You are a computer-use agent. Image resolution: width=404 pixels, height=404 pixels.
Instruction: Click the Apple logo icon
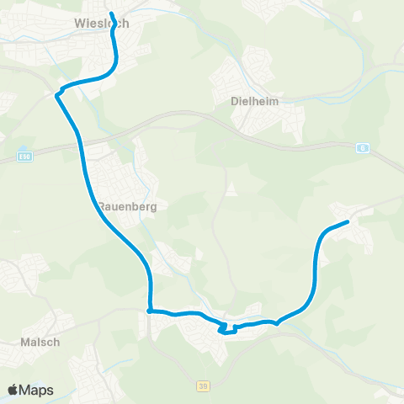pyautogui.click(x=13, y=390)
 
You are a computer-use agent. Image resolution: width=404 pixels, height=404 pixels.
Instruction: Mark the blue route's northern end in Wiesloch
pyautogui.click(x=111, y=13)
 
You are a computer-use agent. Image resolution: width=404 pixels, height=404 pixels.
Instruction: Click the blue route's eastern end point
pyautogui.click(x=348, y=221)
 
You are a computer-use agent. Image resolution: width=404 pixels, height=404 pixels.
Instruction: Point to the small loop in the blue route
pyautogui.click(x=225, y=329)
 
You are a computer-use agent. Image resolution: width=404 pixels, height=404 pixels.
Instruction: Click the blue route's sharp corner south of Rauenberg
pyautogui.click(x=149, y=311)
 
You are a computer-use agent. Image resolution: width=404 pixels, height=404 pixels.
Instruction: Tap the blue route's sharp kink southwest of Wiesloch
pyautogui.click(x=58, y=94)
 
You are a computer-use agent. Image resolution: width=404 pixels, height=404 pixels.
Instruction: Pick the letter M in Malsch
pyautogui.click(x=24, y=343)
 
